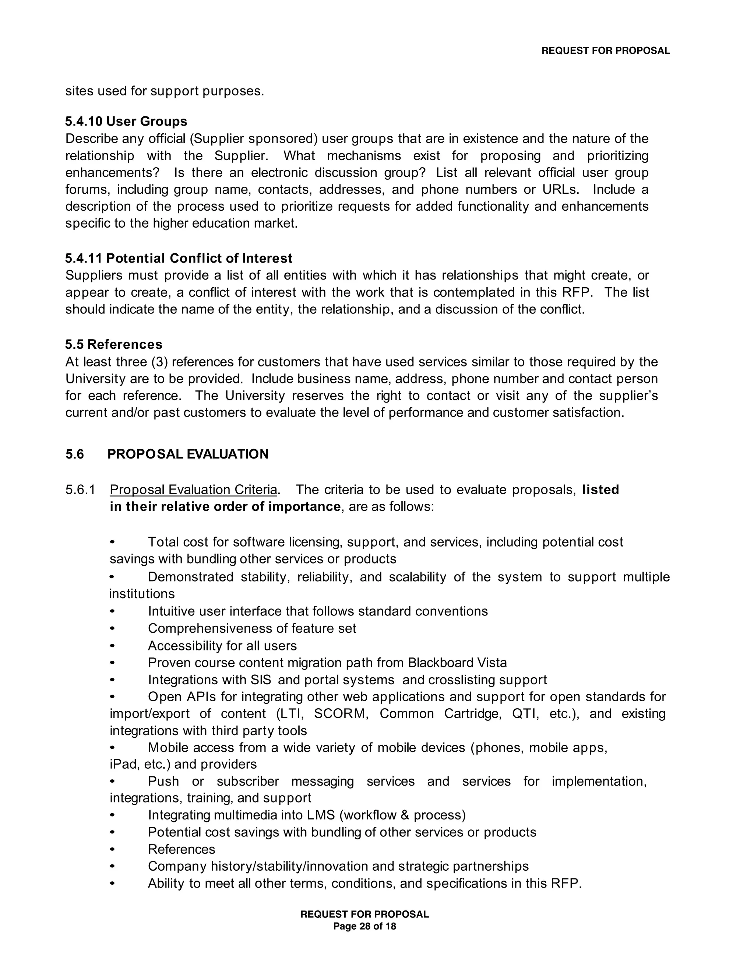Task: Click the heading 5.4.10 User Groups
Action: (126, 122)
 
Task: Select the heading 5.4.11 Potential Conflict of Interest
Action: (179, 258)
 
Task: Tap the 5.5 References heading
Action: (113, 345)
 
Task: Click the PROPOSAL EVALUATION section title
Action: (188, 454)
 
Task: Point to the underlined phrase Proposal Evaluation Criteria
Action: (193, 490)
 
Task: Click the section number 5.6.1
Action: (80, 490)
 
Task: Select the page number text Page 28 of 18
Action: (364, 926)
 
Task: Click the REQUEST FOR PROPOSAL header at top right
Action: (605, 51)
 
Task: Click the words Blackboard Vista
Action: (457, 662)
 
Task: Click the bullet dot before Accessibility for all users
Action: (113, 646)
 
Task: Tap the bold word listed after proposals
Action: (600, 490)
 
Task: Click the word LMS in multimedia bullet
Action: (321, 815)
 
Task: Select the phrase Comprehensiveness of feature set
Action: (252, 628)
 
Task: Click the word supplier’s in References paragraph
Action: (628, 396)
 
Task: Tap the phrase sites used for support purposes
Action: (165, 91)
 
